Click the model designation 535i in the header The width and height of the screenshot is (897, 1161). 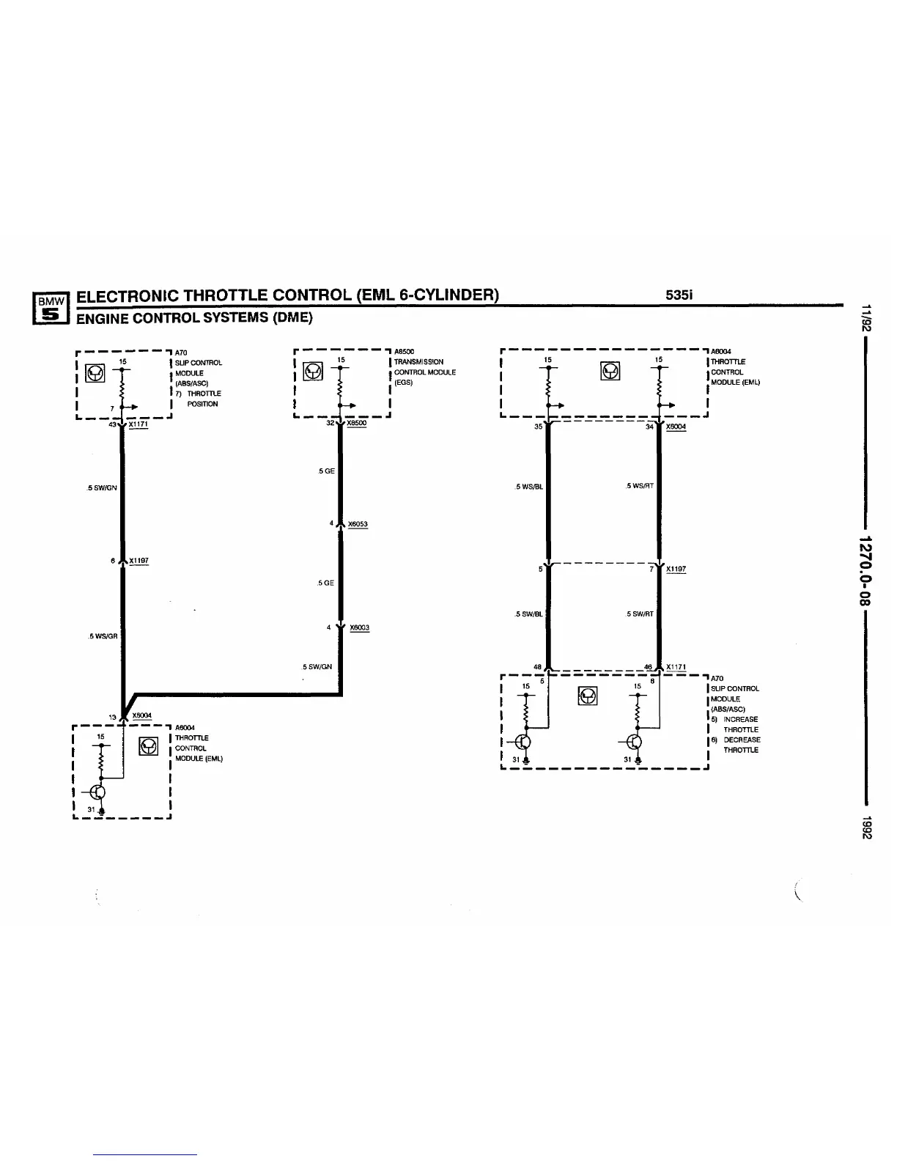679,295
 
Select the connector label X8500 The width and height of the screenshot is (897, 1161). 356,423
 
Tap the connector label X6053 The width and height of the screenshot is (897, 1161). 358,524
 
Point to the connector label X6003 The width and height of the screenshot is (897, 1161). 359,627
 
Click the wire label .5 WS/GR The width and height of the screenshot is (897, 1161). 102,636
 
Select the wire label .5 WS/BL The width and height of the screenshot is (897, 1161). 529,486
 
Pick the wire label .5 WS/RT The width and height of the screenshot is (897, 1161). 640,486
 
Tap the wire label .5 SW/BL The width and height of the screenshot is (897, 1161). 529,614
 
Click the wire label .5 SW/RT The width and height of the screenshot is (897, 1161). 640,614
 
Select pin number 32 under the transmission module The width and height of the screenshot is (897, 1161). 330,423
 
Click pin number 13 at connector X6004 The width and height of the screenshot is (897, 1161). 113,717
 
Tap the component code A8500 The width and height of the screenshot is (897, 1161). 405,352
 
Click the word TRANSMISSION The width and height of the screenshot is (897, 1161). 418,362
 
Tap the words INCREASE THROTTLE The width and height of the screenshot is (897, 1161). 740,724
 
